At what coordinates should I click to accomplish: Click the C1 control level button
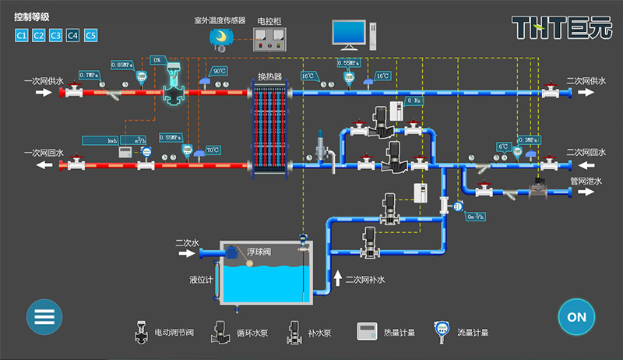(x=21, y=35)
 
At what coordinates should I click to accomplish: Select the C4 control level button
(x=73, y=35)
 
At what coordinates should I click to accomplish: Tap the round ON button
(x=576, y=317)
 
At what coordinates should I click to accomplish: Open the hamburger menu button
(x=44, y=317)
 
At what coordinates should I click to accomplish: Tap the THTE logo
(x=557, y=28)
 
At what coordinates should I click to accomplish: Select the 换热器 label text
(x=269, y=76)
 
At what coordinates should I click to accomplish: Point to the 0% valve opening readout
(x=157, y=60)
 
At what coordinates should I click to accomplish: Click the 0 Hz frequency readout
(x=414, y=101)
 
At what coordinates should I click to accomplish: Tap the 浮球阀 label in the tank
(x=259, y=252)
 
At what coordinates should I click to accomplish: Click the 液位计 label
(x=200, y=278)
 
